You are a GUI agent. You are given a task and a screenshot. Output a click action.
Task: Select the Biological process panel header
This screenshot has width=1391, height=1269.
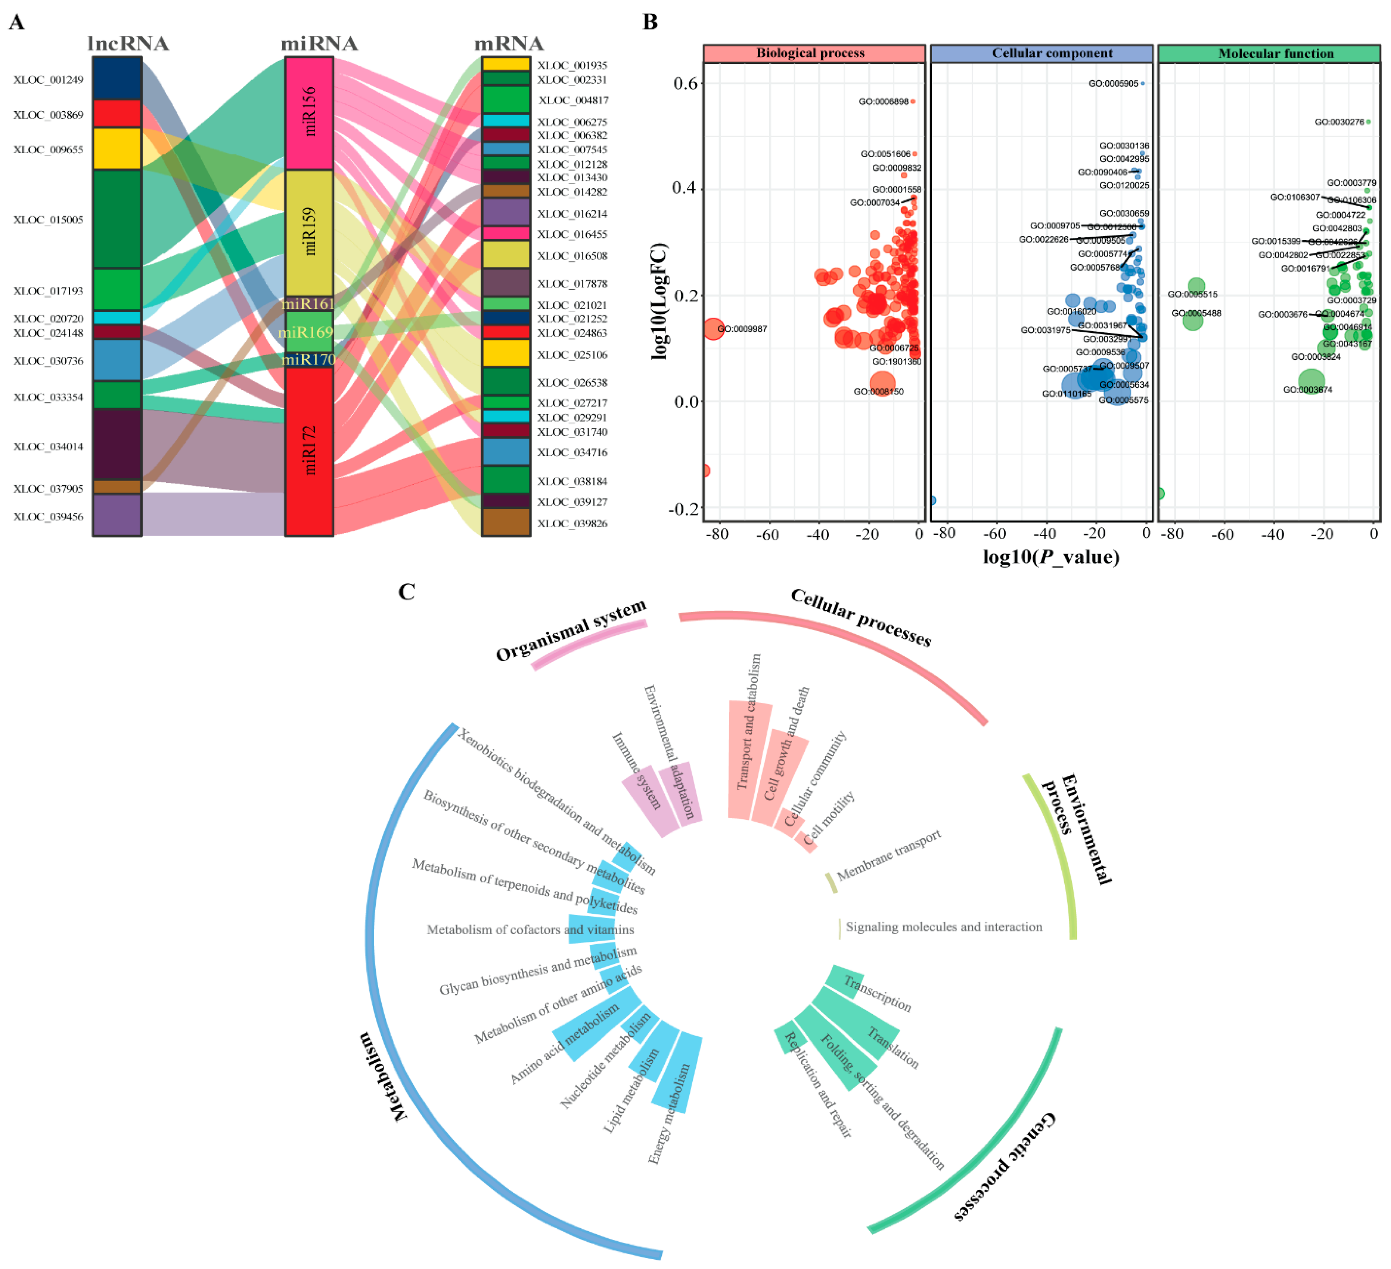[x=813, y=53]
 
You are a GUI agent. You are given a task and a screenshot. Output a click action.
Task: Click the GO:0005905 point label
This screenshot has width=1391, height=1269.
[x=1113, y=83]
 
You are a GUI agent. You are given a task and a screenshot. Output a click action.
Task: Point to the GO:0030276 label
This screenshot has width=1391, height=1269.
[x=1338, y=122]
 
